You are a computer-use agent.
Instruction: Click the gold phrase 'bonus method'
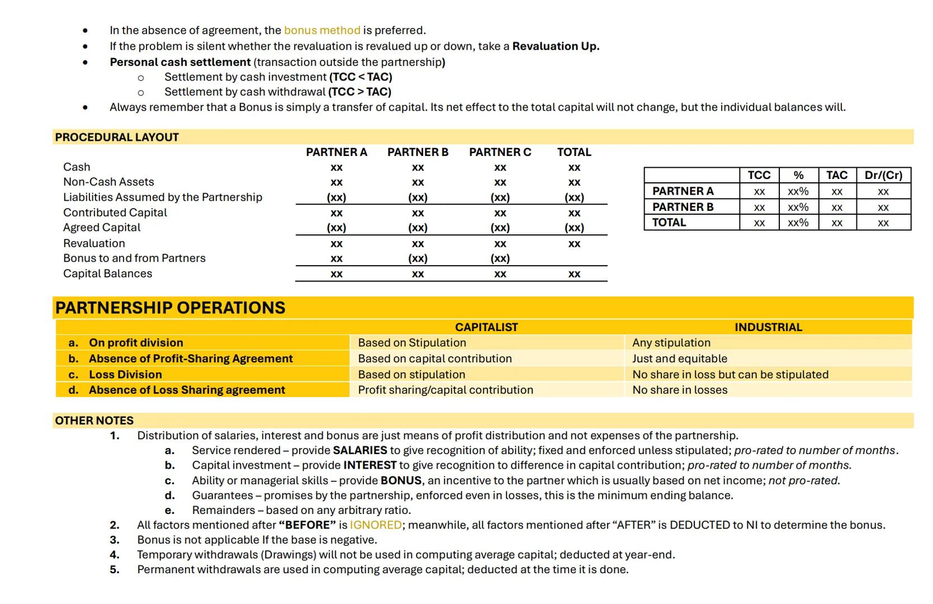point(322,30)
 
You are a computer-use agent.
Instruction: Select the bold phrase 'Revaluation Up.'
point(556,46)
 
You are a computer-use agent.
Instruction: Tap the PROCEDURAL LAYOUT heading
point(117,137)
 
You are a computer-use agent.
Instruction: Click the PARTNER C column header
point(500,152)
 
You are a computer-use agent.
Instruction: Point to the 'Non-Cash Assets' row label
point(108,182)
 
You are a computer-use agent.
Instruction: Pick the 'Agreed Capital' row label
point(102,228)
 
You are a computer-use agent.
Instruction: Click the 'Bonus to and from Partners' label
point(134,258)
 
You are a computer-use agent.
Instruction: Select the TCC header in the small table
point(759,175)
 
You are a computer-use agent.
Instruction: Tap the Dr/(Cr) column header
point(883,175)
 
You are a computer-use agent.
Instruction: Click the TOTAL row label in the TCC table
point(669,222)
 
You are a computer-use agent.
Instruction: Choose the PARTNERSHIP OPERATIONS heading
point(170,308)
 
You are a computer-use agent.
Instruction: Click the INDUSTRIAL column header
point(768,327)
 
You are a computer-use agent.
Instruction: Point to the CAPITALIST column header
point(486,327)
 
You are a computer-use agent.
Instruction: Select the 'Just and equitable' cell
point(680,358)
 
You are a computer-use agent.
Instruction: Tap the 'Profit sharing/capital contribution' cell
point(446,390)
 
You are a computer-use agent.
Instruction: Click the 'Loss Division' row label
point(125,374)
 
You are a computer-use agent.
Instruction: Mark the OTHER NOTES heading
point(94,421)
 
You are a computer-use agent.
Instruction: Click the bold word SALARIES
point(360,450)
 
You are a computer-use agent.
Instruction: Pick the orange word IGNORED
point(376,525)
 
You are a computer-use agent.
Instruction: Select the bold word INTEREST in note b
point(370,465)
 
